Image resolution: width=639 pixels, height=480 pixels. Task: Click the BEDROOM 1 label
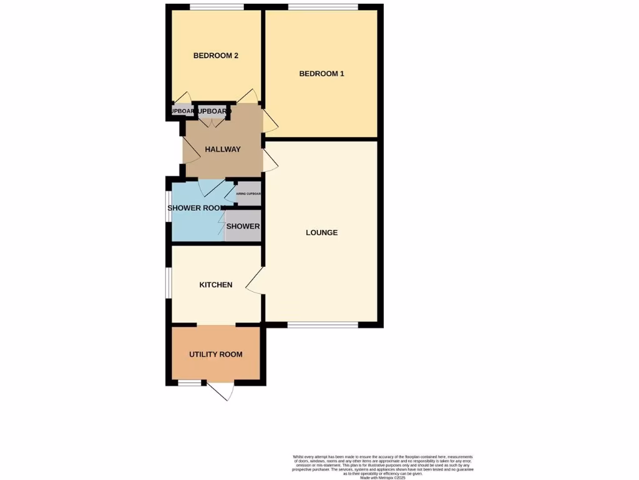coord(321,74)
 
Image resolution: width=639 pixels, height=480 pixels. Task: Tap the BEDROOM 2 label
coord(216,56)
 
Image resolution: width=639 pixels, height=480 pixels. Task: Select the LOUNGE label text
coord(321,232)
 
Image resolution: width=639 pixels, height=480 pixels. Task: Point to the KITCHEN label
coord(216,285)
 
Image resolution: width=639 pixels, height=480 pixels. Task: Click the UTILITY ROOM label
coord(216,354)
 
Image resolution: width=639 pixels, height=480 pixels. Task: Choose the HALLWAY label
coord(223,149)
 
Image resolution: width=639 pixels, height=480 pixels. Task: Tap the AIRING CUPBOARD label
coord(248,194)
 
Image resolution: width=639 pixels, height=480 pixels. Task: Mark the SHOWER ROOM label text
coord(195,208)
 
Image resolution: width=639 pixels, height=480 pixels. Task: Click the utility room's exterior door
coord(222,390)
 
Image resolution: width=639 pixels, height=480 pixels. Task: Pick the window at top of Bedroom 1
coord(323,7)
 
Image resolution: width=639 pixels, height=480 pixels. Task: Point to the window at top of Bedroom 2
coord(217,7)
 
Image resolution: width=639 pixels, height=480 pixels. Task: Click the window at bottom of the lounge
coord(323,324)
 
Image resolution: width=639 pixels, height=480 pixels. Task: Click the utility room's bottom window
coord(189,382)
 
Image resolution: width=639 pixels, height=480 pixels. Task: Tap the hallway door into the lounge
coord(270,161)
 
